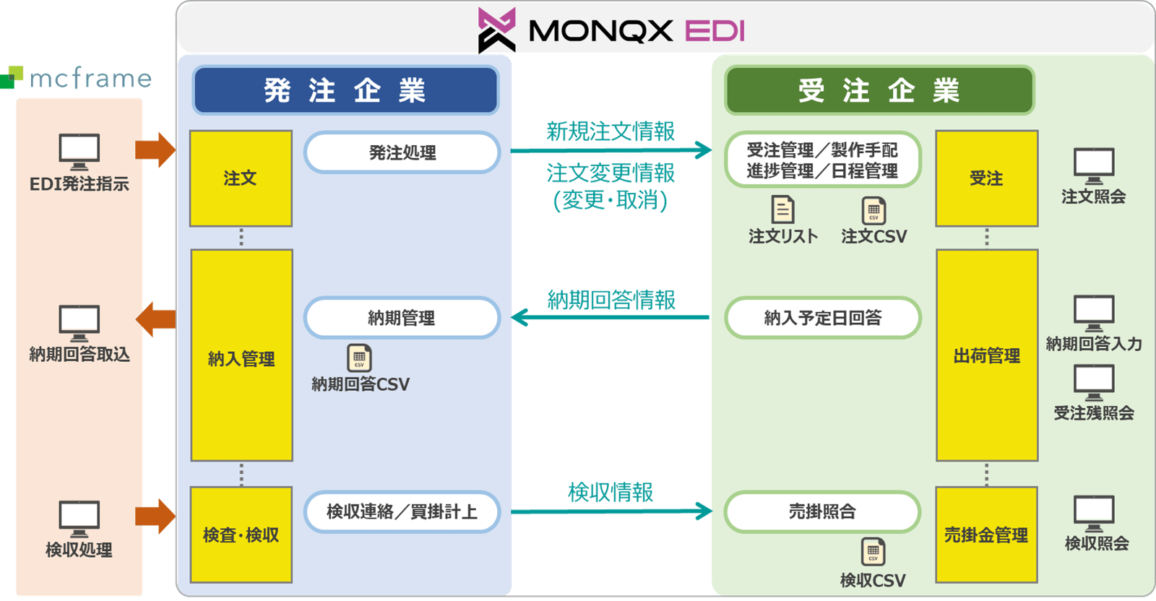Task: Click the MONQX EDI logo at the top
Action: [x=611, y=30]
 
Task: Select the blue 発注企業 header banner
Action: [x=345, y=90]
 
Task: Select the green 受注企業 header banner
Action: [x=879, y=90]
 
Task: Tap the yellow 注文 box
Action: [x=241, y=178]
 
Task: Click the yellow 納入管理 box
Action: [x=241, y=355]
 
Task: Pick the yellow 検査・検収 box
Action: [x=241, y=535]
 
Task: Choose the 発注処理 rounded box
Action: [x=402, y=152]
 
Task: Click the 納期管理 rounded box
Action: [x=402, y=318]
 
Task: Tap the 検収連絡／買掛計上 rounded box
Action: [x=402, y=512]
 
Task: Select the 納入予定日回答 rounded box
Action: [x=823, y=318]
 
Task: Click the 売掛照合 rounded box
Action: [x=822, y=512]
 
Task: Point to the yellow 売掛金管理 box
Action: [x=986, y=535]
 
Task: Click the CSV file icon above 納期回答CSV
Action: [x=359, y=358]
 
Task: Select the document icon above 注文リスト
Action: [x=782, y=210]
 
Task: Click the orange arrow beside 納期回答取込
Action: [x=156, y=319]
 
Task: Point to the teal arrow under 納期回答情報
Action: [x=611, y=317]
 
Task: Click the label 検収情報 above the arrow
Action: [x=611, y=493]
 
